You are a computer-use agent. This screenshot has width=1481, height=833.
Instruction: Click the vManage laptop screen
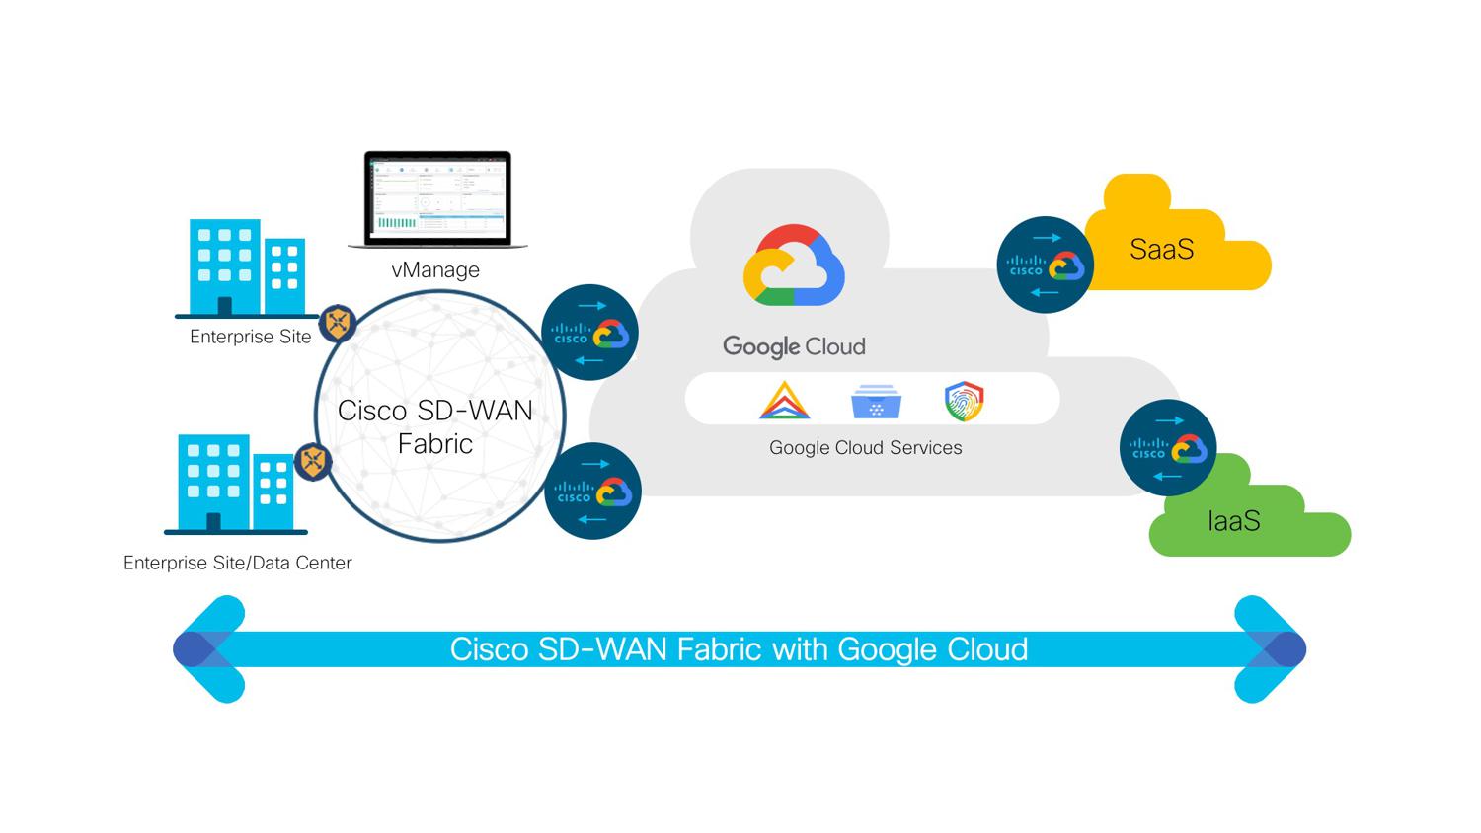(x=437, y=196)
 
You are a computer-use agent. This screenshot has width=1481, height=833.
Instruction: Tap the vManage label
(x=435, y=269)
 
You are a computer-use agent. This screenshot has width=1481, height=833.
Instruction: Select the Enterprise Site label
(x=250, y=337)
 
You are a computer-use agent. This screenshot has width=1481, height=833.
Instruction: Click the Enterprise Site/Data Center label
(x=237, y=563)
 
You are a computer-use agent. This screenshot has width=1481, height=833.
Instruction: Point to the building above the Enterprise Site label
(x=246, y=266)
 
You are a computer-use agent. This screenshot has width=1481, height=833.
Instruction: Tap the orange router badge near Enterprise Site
(x=339, y=323)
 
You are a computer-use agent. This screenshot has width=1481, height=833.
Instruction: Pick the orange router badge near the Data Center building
(x=314, y=461)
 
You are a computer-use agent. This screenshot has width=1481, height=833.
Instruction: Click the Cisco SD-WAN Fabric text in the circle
(x=434, y=426)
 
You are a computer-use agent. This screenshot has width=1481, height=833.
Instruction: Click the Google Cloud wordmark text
(x=794, y=346)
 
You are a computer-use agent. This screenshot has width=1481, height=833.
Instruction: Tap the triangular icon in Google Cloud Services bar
(x=785, y=401)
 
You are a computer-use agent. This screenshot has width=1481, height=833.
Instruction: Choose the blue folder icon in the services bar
(x=876, y=402)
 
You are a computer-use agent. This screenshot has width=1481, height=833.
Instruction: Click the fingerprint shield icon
(x=964, y=401)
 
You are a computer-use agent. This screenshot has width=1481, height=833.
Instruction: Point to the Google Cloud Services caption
(x=865, y=447)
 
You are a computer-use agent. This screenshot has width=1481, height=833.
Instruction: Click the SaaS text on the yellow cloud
(x=1161, y=249)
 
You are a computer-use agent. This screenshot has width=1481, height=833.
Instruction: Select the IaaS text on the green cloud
(x=1233, y=521)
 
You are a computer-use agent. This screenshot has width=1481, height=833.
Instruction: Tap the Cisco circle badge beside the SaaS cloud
(x=1046, y=265)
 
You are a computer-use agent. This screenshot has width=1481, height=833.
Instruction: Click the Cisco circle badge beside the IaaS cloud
(x=1168, y=448)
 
